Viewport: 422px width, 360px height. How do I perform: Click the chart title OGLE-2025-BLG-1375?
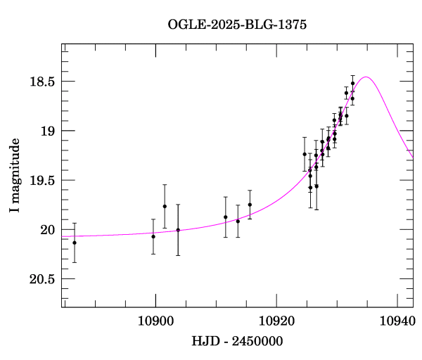tap(237, 25)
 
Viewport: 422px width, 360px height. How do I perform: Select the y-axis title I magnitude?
tap(15, 175)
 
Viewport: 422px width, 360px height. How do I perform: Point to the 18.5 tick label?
tap(41, 82)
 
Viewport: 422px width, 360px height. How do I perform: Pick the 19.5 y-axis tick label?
tap(41, 180)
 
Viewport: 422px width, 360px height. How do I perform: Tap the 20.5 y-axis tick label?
tap(41, 278)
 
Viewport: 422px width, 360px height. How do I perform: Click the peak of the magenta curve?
tap(365, 77)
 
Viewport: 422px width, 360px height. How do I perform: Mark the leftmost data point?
tap(75, 243)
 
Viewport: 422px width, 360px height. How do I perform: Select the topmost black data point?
tap(352, 84)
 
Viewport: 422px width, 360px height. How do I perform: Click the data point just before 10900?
tap(153, 236)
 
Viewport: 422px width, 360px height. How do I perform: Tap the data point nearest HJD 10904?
tap(178, 230)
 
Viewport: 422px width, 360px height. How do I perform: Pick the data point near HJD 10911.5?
tap(225, 217)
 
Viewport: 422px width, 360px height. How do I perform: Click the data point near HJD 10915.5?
tap(250, 205)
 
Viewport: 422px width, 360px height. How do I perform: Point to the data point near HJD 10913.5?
tap(238, 221)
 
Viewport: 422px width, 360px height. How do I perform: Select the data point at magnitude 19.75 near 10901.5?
tap(165, 206)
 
